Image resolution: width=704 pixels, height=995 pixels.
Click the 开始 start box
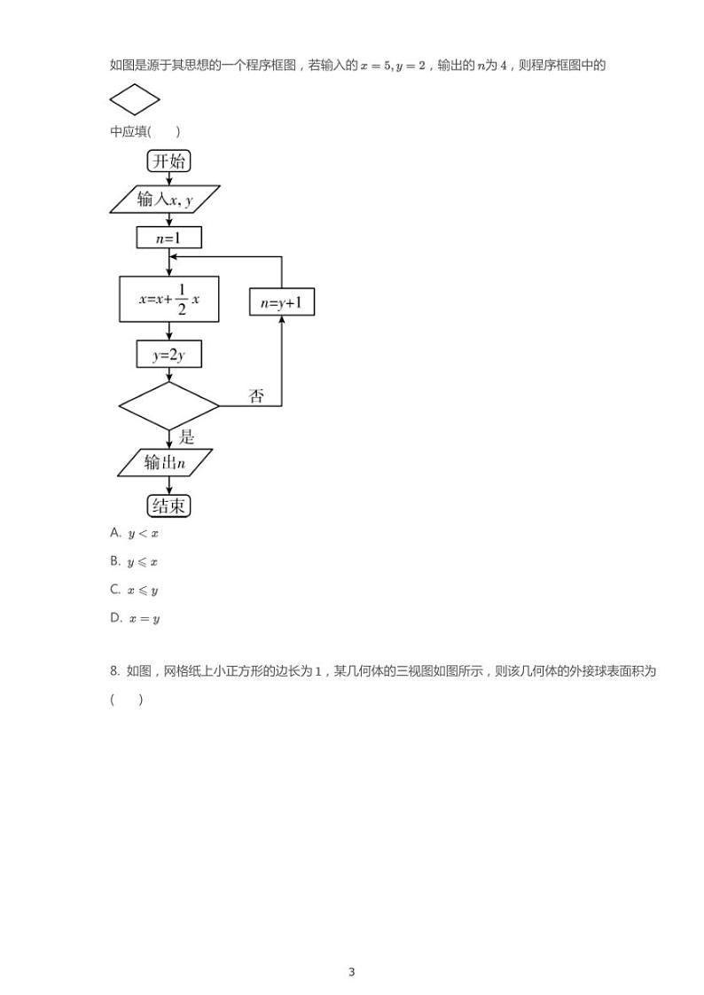pos(168,161)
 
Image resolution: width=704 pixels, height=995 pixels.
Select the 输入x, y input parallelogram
pos(166,200)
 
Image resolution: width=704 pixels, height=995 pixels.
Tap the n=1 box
pos(168,238)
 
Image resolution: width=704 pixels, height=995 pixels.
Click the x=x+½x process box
pos(168,299)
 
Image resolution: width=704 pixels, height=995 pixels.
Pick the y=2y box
pos(168,355)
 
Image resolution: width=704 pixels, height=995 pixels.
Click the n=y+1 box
pos(282,303)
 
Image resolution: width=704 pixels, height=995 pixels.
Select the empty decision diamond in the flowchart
pos(168,406)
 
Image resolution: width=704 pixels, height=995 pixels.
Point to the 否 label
pos(256,396)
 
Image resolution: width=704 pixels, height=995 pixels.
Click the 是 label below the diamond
pos(186,436)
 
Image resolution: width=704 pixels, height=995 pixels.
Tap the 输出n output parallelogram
pos(166,462)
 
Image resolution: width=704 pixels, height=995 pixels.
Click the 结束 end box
pos(168,505)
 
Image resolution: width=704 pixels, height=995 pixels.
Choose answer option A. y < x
pos(135,533)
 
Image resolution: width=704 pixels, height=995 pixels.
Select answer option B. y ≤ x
pos(135,561)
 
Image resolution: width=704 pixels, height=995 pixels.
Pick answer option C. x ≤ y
pos(135,590)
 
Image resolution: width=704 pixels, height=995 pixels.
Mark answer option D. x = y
pos(135,618)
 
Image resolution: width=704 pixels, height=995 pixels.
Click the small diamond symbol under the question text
pos(134,99)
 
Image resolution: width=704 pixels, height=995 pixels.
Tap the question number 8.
pos(114,671)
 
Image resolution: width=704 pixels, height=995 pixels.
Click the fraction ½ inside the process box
pos(181,299)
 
